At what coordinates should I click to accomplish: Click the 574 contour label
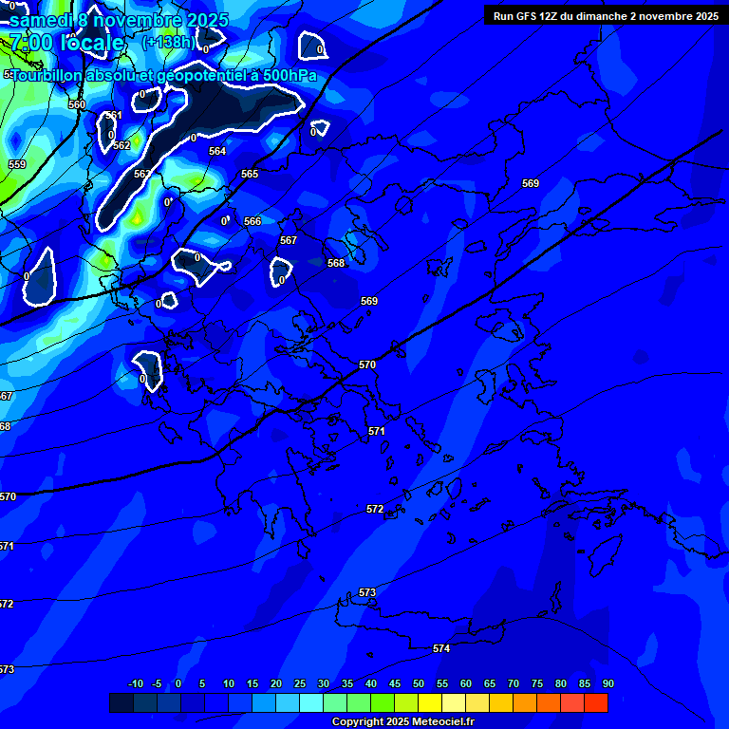click(x=441, y=648)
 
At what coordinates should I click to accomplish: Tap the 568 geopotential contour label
click(x=336, y=263)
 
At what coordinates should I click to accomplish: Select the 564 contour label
click(x=217, y=151)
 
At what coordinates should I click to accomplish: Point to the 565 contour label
click(x=250, y=174)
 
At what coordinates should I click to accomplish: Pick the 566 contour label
click(x=252, y=221)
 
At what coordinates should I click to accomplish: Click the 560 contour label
click(x=77, y=104)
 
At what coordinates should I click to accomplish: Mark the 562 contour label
click(x=121, y=145)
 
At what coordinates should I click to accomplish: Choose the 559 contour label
click(x=17, y=164)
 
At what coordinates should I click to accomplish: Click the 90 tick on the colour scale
click(x=607, y=683)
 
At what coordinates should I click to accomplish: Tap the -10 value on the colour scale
click(x=135, y=683)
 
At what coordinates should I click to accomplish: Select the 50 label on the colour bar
click(x=419, y=683)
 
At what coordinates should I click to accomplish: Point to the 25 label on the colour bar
click(x=300, y=683)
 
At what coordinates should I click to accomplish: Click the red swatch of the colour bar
click(x=595, y=702)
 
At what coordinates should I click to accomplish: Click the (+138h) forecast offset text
click(x=169, y=42)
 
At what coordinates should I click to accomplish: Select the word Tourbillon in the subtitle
click(x=47, y=75)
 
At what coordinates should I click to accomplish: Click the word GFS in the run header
click(x=528, y=16)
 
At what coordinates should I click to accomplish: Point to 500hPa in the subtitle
click(x=284, y=75)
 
